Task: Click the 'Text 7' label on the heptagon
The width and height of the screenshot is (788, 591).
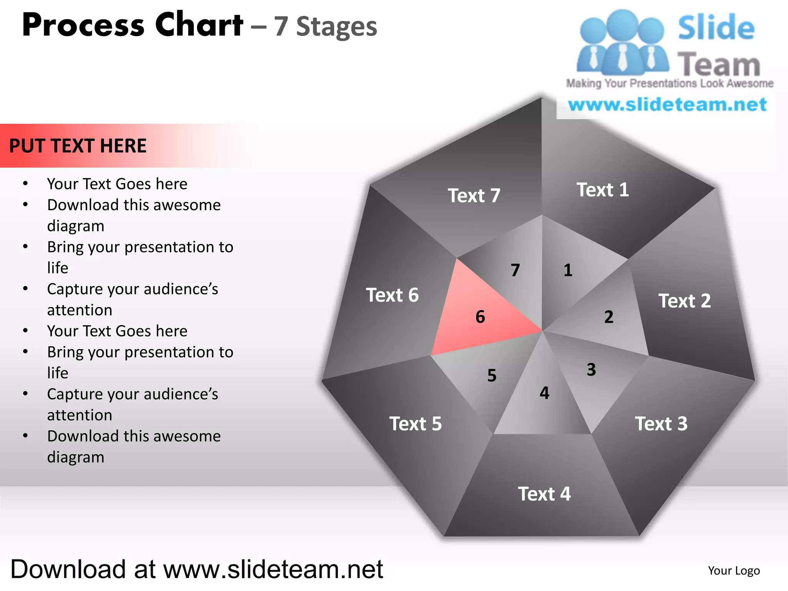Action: [x=474, y=195]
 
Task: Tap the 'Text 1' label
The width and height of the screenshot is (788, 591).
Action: [x=603, y=190]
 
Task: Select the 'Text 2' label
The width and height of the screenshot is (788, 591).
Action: [x=684, y=301]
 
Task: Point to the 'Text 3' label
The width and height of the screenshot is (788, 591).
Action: [x=661, y=424]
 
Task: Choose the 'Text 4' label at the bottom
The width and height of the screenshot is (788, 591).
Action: [x=544, y=494]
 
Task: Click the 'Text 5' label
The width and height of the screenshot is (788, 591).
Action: [x=416, y=424]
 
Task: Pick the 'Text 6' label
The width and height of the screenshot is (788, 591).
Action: [x=392, y=295]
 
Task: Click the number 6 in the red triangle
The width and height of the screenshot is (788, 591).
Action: [x=480, y=317]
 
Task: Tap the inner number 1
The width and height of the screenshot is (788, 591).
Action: [x=568, y=270]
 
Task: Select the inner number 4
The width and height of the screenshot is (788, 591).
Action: [x=544, y=393]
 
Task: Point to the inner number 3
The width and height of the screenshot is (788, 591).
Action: [x=591, y=370]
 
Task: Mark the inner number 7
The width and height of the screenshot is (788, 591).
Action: [x=515, y=270]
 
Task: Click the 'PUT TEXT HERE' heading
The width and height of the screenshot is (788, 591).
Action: [x=78, y=146]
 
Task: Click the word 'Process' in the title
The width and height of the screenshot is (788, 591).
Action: [x=83, y=25]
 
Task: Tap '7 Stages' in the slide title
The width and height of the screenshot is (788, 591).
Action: [x=326, y=27]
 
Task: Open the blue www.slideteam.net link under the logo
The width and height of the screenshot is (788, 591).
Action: [x=667, y=105]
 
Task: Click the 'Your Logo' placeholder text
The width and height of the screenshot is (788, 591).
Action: [x=734, y=571]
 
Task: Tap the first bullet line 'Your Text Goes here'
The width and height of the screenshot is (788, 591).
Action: [x=117, y=184]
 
